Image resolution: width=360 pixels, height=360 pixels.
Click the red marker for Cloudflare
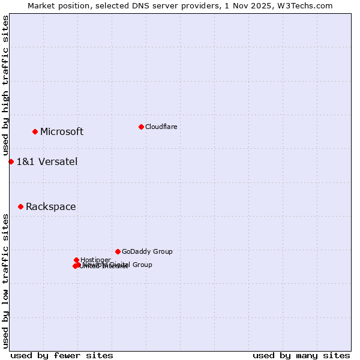(141, 127)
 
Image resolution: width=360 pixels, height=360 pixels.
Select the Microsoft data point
(35, 131)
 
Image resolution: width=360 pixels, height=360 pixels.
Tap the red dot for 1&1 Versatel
(11, 161)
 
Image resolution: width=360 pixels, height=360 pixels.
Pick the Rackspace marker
(20, 206)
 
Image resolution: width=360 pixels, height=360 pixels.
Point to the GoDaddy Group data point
(118, 251)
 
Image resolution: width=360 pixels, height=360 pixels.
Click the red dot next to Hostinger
(76, 260)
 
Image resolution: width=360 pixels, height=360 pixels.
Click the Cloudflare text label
(161, 127)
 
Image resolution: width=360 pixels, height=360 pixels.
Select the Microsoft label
(62, 132)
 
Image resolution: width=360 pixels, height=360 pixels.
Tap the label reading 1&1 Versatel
(47, 161)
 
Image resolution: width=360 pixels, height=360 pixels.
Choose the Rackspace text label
(51, 207)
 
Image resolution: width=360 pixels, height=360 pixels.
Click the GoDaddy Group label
(147, 251)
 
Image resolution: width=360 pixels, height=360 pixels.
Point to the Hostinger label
(95, 260)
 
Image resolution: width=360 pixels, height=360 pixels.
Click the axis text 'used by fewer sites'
(62, 355)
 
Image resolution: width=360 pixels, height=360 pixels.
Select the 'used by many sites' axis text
(301, 355)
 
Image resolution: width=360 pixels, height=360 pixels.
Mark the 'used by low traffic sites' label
(6, 280)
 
